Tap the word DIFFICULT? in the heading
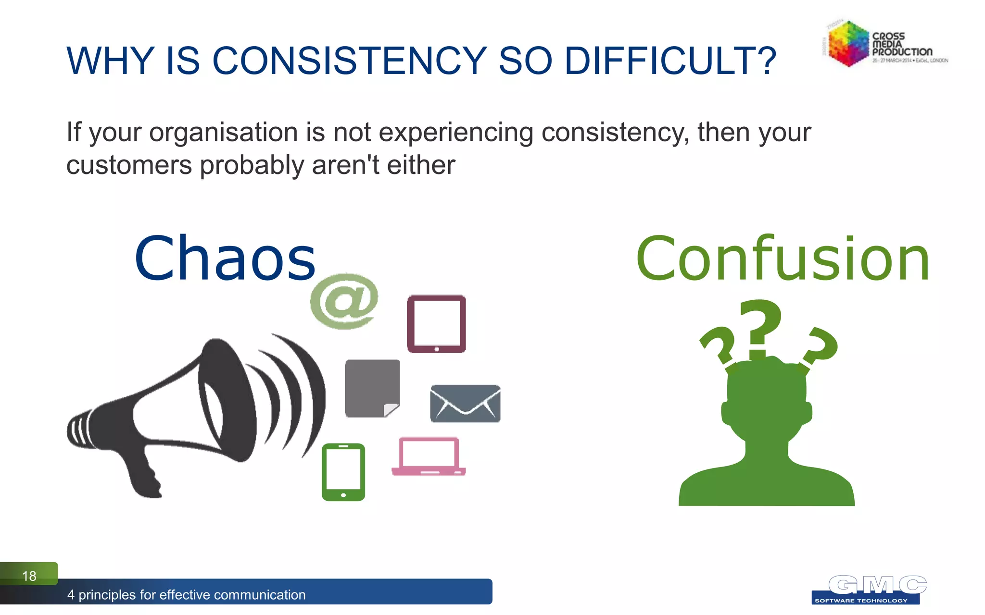pos(670,61)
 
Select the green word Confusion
pos(783,259)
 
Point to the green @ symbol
pos(343,301)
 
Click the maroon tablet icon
pos(436,324)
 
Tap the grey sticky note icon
pos(371,387)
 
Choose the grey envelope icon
pos(465,404)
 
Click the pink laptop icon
pos(429,456)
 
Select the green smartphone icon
pos(343,472)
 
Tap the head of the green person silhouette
pos(766,399)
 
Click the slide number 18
pos(29,576)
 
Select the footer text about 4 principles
pos(186,595)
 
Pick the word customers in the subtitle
pos(129,165)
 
